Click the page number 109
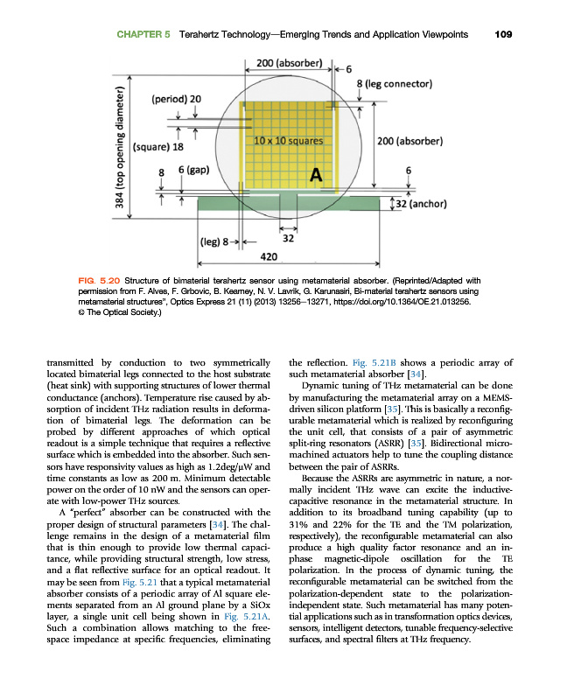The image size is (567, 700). point(502,35)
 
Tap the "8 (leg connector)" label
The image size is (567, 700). point(395,84)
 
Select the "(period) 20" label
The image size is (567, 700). point(177,99)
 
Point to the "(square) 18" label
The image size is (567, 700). point(164,148)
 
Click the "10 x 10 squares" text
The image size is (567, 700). point(288,140)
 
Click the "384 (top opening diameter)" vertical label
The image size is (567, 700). point(122,154)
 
